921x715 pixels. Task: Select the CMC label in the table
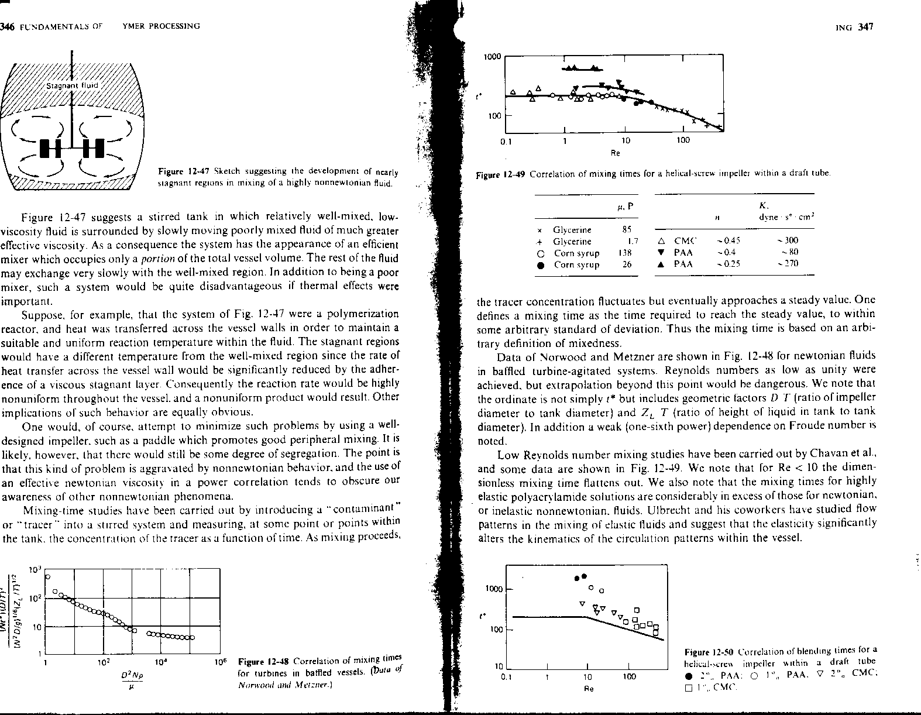(x=683, y=240)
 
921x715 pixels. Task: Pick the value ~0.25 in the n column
(x=728, y=264)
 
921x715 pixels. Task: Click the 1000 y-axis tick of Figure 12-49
(x=493, y=57)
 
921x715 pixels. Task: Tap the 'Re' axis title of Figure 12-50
(x=589, y=689)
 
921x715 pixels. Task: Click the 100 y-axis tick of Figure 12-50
(x=497, y=630)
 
